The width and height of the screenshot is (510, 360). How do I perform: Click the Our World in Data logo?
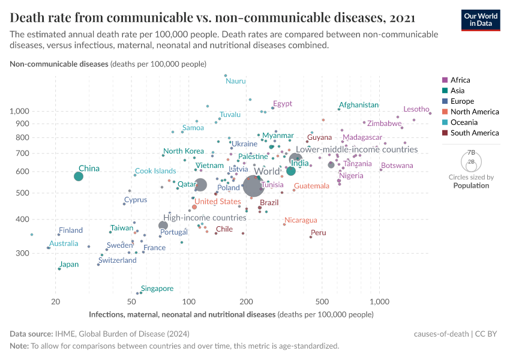tap(481, 19)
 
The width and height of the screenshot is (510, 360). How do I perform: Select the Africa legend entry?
tap(460, 80)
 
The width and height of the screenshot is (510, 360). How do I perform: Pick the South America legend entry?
tap(475, 133)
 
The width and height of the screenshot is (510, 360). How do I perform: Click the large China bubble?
tap(79, 176)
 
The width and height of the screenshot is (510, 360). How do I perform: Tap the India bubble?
tap(291, 171)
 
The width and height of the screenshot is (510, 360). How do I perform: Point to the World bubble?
tap(253, 186)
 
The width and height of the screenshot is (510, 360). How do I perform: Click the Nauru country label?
tap(236, 81)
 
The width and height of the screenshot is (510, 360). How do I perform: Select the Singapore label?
tap(157, 289)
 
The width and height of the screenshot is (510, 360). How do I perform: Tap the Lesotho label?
tap(416, 109)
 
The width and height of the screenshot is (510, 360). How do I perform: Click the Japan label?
tap(69, 265)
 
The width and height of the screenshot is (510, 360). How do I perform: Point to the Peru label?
tap(319, 233)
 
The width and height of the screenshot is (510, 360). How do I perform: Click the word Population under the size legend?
tap(471, 185)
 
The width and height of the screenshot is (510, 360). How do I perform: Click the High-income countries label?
tap(205, 218)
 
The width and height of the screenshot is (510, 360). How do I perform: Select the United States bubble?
tap(194, 207)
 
